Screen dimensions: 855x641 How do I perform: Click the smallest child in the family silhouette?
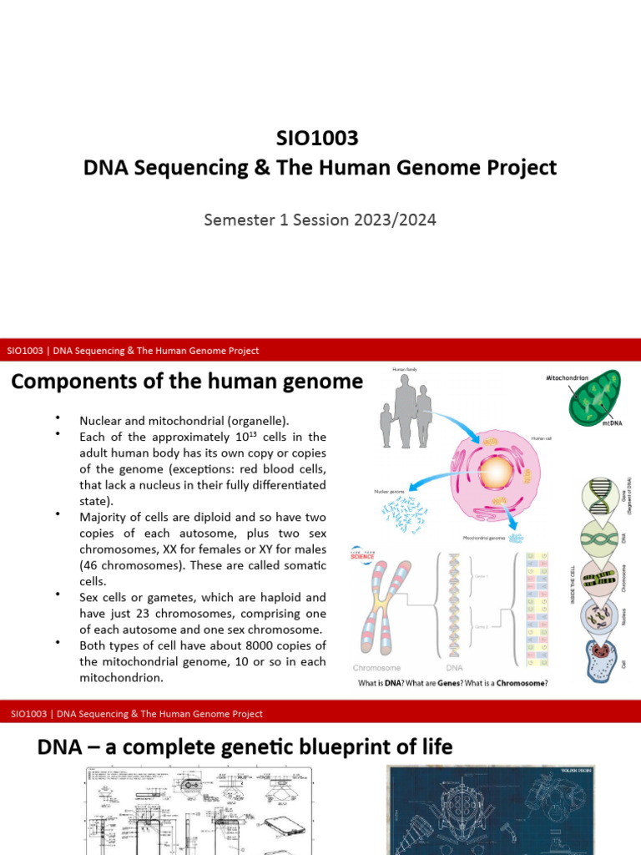coord(386,426)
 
